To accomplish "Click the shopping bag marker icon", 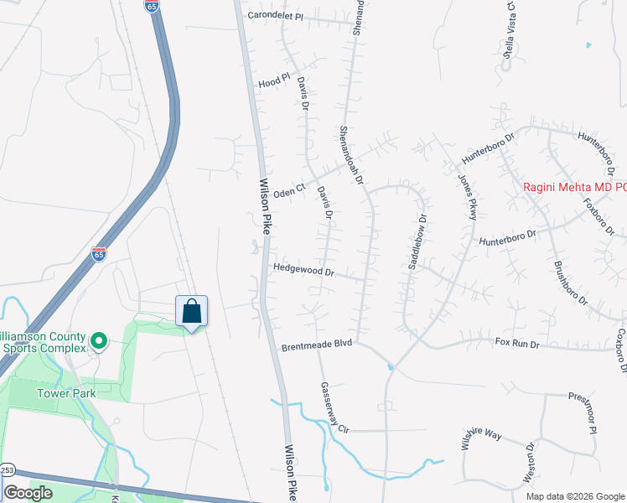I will (x=192, y=311).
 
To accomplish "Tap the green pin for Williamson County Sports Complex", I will (x=98, y=340).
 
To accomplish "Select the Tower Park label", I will (x=65, y=392).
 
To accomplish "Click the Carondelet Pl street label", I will (x=274, y=16).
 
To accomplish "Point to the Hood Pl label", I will (x=274, y=81).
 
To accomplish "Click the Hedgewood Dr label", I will (x=303, y=271).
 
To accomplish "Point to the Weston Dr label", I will (x=530, y=462).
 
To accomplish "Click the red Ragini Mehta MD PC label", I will (x=575, y=188).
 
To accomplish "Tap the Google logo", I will (x=28, y=493).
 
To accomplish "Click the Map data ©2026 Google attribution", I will (x=575, y=496).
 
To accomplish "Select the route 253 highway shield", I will (x=7, y=469).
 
